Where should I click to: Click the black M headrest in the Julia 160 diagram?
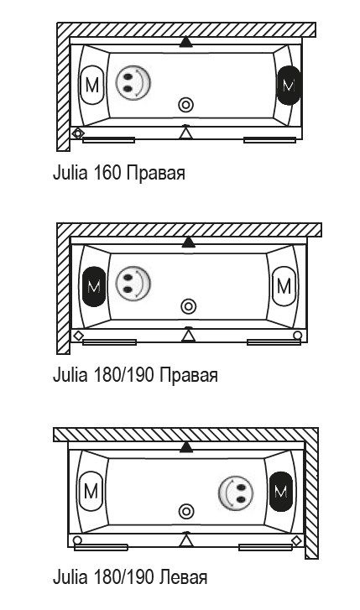289,86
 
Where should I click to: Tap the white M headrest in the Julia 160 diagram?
91,86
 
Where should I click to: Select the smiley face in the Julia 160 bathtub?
133,82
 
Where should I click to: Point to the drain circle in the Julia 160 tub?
186,105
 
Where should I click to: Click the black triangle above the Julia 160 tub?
186,42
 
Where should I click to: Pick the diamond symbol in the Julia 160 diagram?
78,133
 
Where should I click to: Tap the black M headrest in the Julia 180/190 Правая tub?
94,287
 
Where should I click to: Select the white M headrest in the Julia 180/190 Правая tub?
284,286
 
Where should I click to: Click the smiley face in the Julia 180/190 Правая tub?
133,284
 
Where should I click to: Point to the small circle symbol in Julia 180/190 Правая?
298,335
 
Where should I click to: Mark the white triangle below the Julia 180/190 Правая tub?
189,335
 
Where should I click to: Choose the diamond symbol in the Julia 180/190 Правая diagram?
79,336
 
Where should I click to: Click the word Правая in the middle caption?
189,375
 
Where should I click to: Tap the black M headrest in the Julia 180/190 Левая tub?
280,492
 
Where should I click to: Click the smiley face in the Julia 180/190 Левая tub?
236,493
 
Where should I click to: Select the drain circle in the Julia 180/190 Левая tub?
186,511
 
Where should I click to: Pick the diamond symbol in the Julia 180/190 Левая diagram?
296,540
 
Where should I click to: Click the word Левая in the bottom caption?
184,577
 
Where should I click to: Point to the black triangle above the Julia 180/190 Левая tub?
186,447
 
